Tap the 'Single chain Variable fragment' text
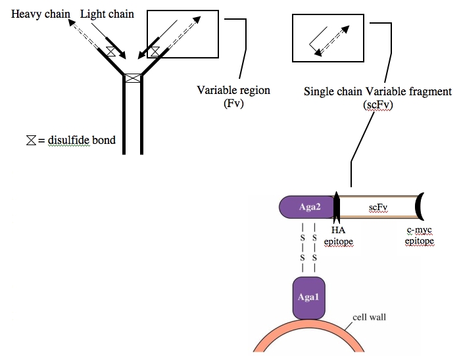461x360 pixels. pyautogui.click(x=377, y=91)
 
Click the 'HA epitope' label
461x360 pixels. pyautogui.click(x=338, y=236)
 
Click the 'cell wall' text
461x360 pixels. pyautogui.click(x=369, y=317)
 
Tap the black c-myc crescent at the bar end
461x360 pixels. pyautogui.click(x=418, y=207)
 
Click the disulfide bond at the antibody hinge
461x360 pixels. pyautogui.click(x=133, y=78)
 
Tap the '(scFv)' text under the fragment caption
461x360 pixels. pyautogui.click(x=377, y=105)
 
